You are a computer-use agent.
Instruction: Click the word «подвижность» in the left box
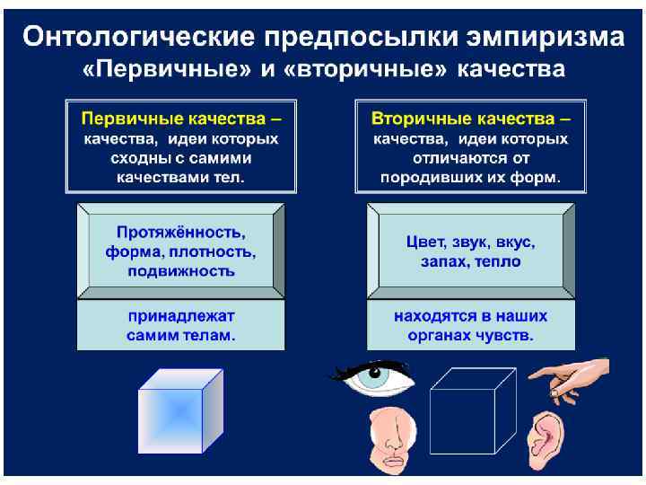coord(181,270)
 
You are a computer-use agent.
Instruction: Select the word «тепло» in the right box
coord(499,262)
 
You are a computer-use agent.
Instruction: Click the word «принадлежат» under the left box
coord(181,317)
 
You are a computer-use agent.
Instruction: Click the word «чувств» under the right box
coord(507,337)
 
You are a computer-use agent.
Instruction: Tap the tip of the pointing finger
coord(532,376)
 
